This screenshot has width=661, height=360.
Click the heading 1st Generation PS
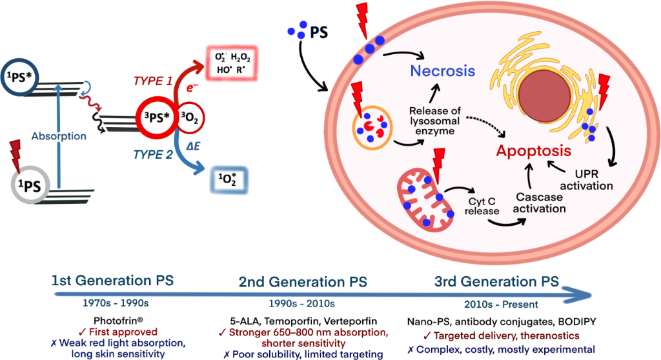tap(113, 281)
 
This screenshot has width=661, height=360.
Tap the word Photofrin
tap(111, 321)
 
